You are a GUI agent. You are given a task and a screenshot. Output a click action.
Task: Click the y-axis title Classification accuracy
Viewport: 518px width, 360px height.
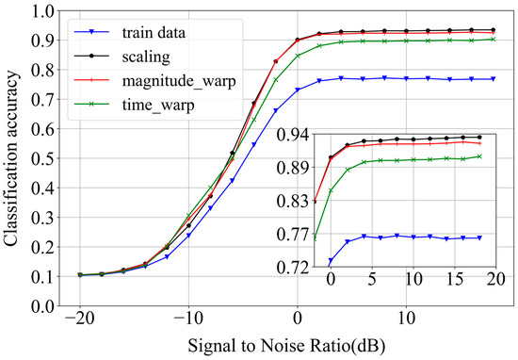click(14, 158)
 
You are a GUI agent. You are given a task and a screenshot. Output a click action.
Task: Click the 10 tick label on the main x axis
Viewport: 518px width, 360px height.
click(405, 322)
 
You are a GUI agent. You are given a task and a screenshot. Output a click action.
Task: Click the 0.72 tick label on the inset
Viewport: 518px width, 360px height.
click(295, 268)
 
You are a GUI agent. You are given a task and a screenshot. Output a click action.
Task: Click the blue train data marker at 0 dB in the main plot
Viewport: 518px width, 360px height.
click(297, 90)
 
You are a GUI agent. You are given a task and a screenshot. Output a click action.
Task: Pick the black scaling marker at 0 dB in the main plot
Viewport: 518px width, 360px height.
click(297, 40)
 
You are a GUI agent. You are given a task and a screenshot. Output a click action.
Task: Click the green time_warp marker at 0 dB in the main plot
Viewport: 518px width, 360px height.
click(297, 56)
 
